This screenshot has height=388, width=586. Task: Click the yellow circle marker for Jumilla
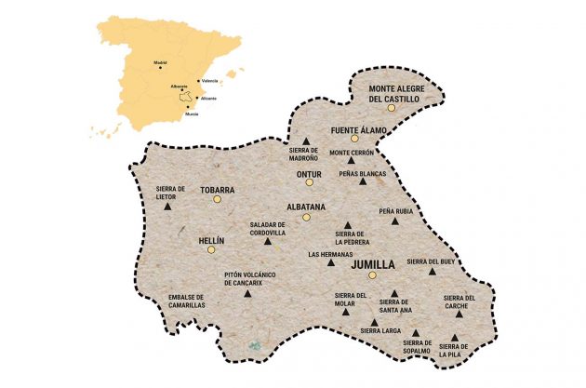tap(371, 275)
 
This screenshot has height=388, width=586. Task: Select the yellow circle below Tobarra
tap(217, 199)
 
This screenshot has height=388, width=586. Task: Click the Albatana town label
tap(305, 206)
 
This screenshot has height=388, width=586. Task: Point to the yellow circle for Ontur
tap(308, 184)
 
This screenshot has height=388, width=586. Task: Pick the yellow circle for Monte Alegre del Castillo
tap(392, 108)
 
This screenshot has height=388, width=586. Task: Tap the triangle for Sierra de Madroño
tap(305, 141)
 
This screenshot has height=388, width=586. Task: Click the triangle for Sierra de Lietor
tap(168, 207)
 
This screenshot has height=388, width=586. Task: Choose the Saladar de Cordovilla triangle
tap(268, 241)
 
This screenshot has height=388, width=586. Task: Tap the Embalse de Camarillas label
tap(186, 301)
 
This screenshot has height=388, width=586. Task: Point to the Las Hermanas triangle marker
tap(330, 262)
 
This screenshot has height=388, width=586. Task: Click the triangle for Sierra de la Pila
tap(454, 339)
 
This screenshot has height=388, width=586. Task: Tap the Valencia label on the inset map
tap(210, 81)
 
